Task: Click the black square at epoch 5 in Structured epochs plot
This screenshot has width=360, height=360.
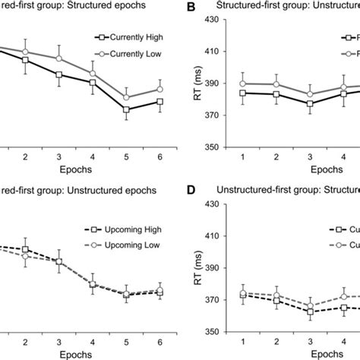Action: click(x=126, y=109)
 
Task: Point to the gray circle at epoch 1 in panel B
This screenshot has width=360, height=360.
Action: click(x=242, y=84)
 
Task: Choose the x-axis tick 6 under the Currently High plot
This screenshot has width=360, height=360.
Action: click(x=159, y=156)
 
